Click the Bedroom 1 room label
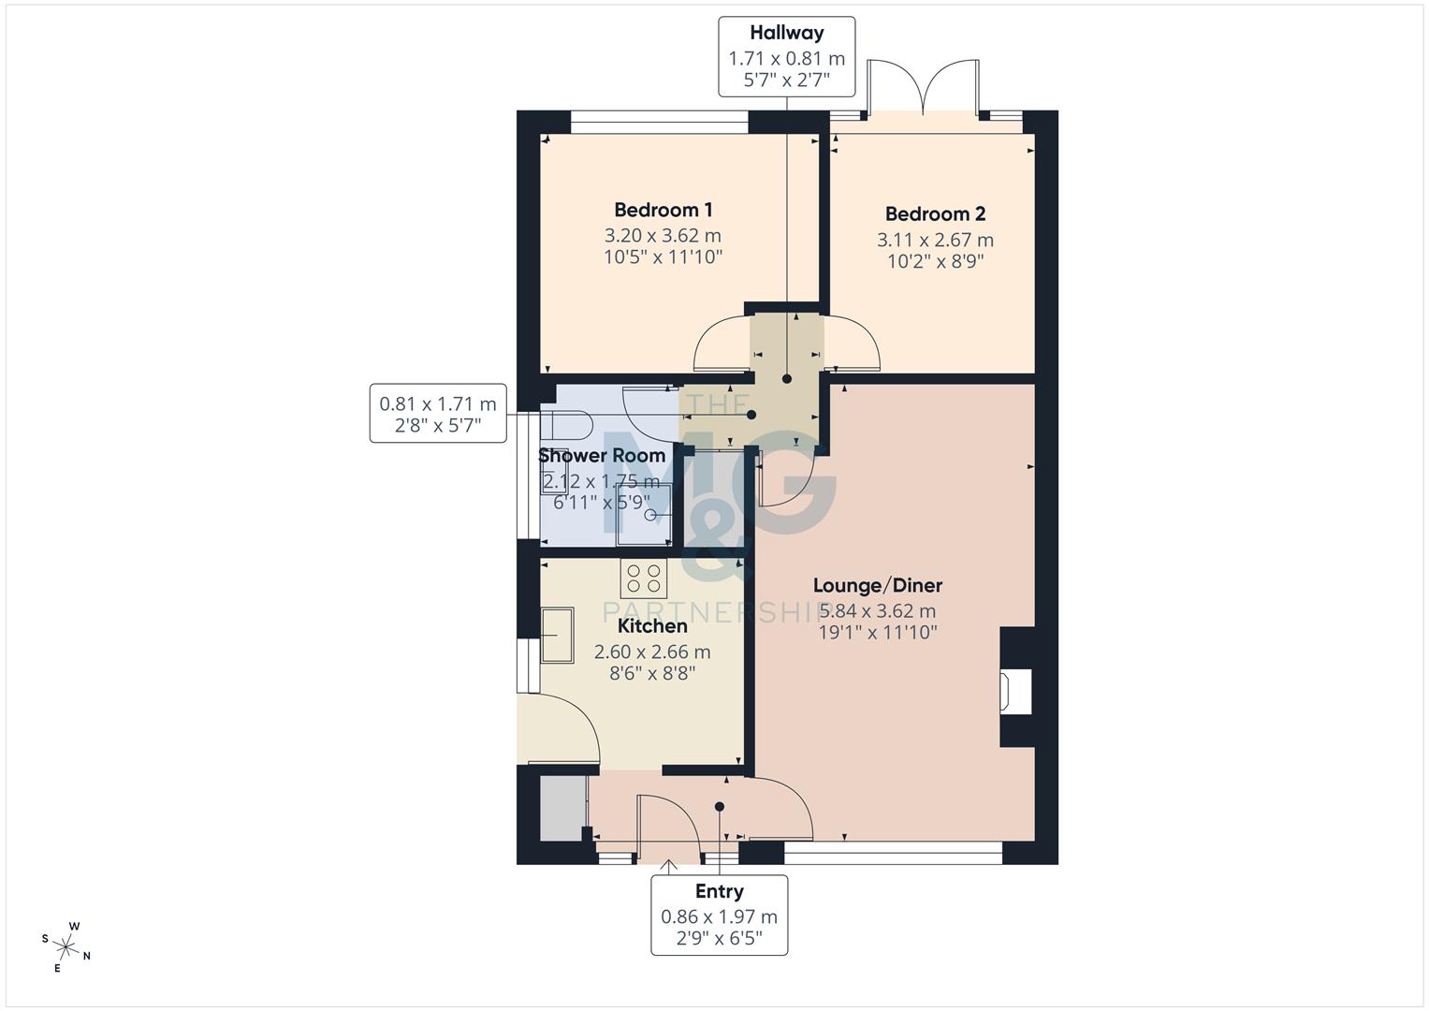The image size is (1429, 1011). (x=663, y=210)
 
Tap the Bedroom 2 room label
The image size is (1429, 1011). (x=935, y=214)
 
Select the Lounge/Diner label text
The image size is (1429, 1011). (x=877, y=586)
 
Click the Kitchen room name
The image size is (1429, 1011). (x=652, y=626)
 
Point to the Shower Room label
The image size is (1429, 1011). (x=602, y=456)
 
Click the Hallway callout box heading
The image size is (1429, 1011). (x=786, y=33)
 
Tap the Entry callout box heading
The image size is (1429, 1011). (x=719, y=892)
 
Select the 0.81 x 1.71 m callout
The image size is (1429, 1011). (x=438, y=413)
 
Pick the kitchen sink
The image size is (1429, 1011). (x=558, y=635)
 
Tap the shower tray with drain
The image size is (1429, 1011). (x=644, y=516)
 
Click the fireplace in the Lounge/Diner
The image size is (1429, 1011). (x=1015, y=688)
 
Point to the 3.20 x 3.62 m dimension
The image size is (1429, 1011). (x=663, y=236)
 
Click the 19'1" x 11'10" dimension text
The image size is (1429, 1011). (x=877, y=633)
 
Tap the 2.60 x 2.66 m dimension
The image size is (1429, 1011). (x=652, y=652)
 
